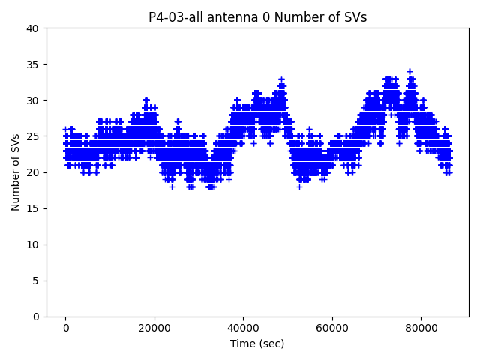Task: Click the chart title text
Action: pyautogui.click(x=257, y=17)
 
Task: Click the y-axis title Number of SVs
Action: pyautogui.click(x=16, y=172)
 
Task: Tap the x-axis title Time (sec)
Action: pyautogui.click(x=257, y=343)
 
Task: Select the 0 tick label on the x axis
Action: pyautogui.click(x=65, y=328)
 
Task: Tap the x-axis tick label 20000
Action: pyautogui.click(x=154, y=328)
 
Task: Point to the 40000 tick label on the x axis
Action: pyautogui.click(x=243, y=328)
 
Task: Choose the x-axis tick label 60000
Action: pyautogui.click(x=331, y=328)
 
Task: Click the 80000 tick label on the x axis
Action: pyautogui.click(x=420, y=328)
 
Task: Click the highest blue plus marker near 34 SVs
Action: pyautogui.click(x=409, y=71)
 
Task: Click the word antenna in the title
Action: pyautogui.click(x=228, y=17)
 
